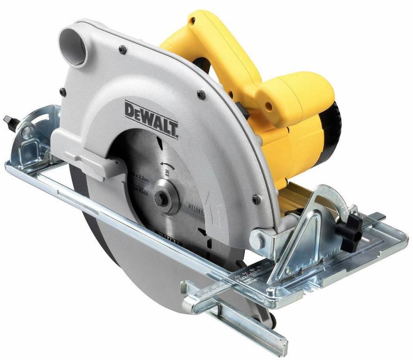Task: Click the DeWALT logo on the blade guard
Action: pos(151,119)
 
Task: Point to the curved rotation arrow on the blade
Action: pos(166,164)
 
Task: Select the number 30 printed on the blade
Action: pos(167,172)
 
